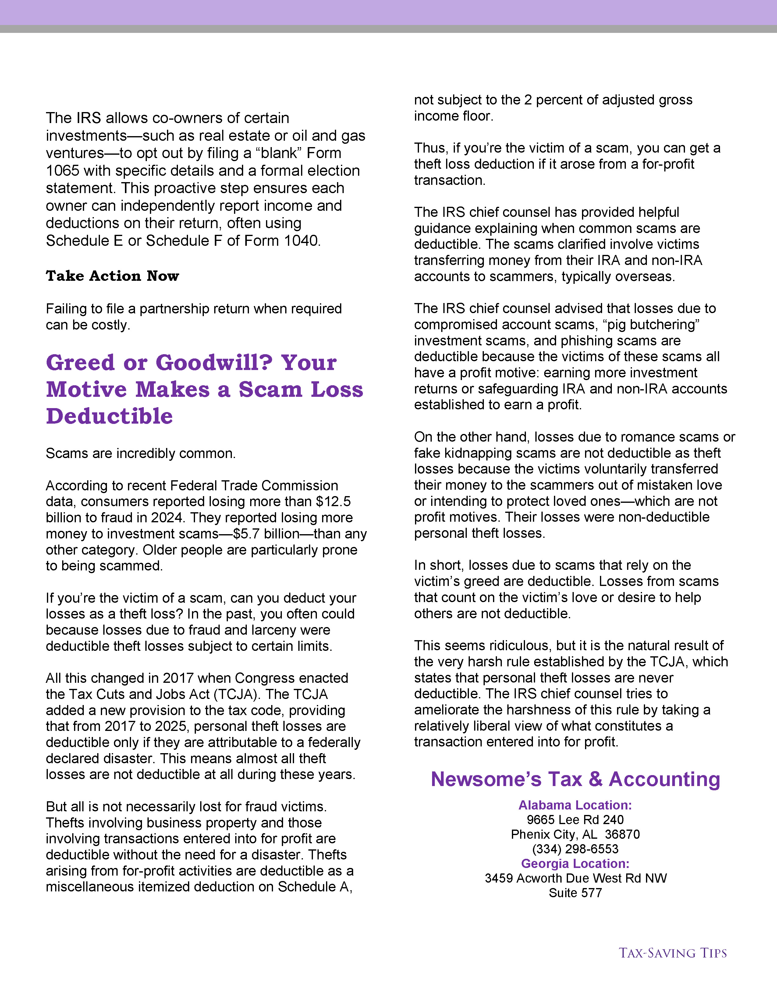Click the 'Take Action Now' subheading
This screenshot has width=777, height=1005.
point(112,276)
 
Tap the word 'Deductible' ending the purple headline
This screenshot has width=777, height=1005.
point(110,416)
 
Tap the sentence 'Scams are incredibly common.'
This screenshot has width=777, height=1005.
point(140,454)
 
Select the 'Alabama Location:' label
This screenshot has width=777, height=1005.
point(575,805)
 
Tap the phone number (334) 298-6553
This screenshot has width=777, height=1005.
point(575,849)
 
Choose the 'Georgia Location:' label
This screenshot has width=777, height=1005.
point(575,864)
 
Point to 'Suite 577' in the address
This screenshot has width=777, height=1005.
point(575,893)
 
